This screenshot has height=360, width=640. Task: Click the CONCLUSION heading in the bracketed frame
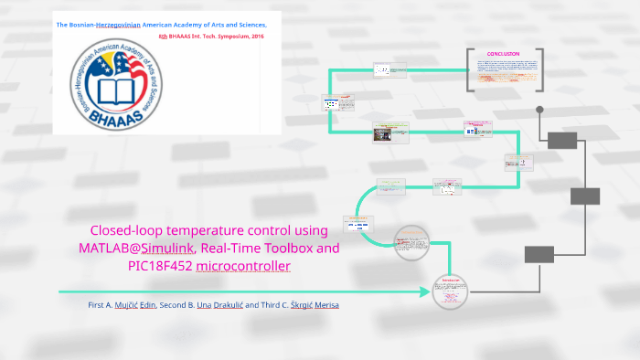503,54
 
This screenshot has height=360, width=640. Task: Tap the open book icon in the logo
121,91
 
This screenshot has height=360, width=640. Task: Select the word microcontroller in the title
250,266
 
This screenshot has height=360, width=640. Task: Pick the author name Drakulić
233,303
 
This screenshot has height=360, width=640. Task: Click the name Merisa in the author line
326,303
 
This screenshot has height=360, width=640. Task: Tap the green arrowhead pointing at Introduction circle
425,292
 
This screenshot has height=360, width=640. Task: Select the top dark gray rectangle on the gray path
562,140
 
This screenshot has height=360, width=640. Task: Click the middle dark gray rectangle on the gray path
585,196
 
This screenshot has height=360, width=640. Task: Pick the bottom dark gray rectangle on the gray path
539,254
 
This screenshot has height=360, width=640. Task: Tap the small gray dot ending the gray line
539,110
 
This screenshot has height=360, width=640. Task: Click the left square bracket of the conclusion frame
469,69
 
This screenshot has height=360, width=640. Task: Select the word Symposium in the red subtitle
224,36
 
